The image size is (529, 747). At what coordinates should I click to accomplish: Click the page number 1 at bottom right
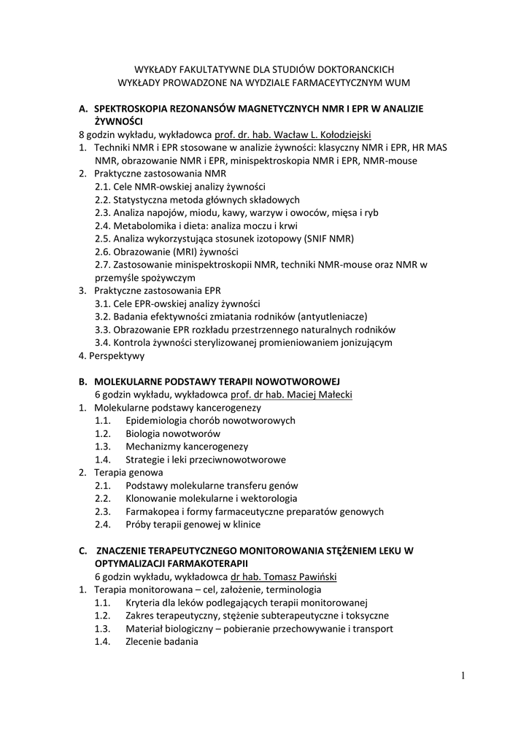click(463, 676)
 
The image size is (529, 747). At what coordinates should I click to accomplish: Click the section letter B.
click(83, 382)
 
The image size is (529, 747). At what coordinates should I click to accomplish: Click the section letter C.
click(83, 550)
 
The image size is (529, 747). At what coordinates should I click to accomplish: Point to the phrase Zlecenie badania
click(161, 641)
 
